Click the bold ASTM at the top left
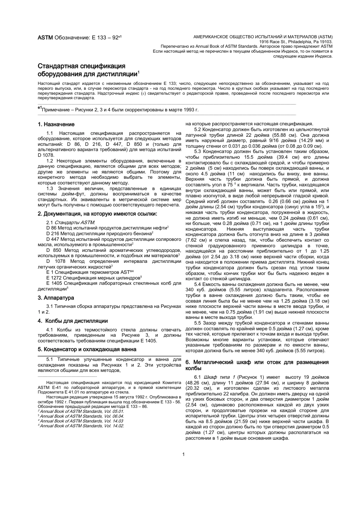click(x=45, y=38)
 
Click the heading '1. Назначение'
click(x=56, y=124)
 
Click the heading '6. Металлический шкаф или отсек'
click(x=257, y=365)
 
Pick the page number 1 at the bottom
click(x=183, y=454)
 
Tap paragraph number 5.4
click(x=198, y=284)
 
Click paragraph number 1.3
click(x=50, y=188)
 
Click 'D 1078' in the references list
click(x=56, y=261)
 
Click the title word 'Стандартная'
click(x=60, y=66)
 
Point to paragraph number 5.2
click(x=198, y=129)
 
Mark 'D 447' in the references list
click(x=53, y=239)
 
